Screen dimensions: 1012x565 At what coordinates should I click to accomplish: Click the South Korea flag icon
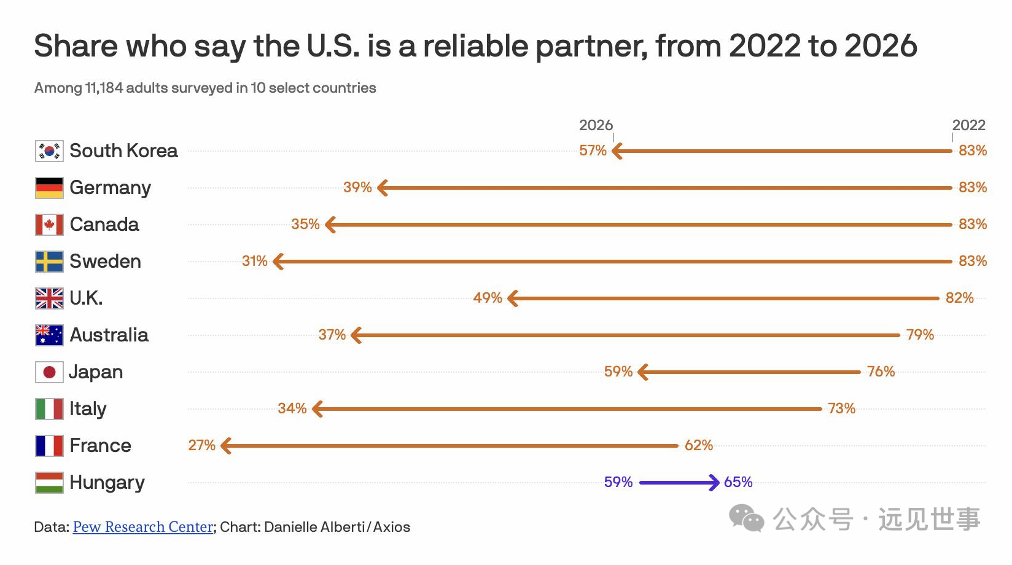(49, 151)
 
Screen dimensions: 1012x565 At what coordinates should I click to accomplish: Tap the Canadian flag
(49, 225)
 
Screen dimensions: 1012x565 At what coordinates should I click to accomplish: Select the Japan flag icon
(49, 372)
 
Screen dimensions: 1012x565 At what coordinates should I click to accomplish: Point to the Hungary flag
(49, 483)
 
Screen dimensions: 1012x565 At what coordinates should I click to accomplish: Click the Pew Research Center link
(142, 527)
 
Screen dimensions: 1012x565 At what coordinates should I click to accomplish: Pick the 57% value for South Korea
(593, 150)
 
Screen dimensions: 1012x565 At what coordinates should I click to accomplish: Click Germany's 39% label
(357, 187)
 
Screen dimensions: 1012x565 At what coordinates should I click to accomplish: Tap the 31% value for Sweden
(255, 261)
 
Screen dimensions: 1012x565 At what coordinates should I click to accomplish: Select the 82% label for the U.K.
(960, 298)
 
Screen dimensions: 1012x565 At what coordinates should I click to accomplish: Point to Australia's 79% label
(920, 335)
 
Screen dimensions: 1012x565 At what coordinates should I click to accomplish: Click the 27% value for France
(201, 445)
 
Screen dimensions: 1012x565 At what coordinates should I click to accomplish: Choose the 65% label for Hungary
(738, 482)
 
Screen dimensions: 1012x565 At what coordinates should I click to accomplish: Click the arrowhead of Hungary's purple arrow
(715, 483)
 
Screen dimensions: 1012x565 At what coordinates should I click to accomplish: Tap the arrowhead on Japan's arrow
(642, 372)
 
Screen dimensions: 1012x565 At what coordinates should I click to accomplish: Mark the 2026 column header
(596, 125)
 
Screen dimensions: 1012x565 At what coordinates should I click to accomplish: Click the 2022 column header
(968, 125)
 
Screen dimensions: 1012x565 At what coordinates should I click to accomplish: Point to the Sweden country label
(105, 261)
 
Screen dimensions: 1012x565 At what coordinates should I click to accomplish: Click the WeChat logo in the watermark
(746, 518)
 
